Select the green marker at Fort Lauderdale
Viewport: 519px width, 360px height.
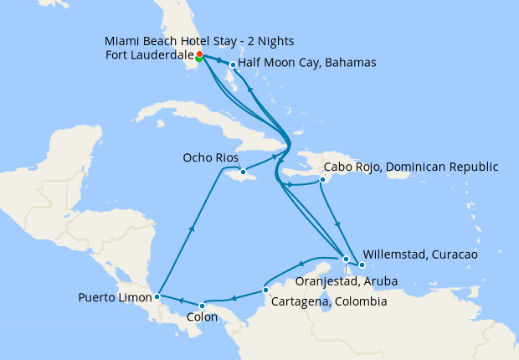[198, 59]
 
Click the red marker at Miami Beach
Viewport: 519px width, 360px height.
[199, 54]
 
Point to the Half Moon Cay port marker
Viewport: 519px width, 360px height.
[233, 64]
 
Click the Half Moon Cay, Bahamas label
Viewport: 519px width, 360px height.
[307, 63]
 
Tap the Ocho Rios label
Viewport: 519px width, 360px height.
[211, 157]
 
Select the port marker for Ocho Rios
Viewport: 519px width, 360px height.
[243, 173]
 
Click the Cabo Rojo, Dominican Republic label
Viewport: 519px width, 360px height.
[410, 166]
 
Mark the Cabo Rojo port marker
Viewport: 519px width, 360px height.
[322, 179]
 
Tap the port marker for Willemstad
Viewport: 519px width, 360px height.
[362, 265]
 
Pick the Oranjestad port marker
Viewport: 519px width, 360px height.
[347, 259]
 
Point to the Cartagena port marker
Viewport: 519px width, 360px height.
[265, 290]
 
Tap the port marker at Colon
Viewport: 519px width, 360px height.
[202, 305]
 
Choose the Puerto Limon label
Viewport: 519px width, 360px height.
[115, 297]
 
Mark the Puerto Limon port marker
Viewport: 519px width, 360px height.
[157, 296]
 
